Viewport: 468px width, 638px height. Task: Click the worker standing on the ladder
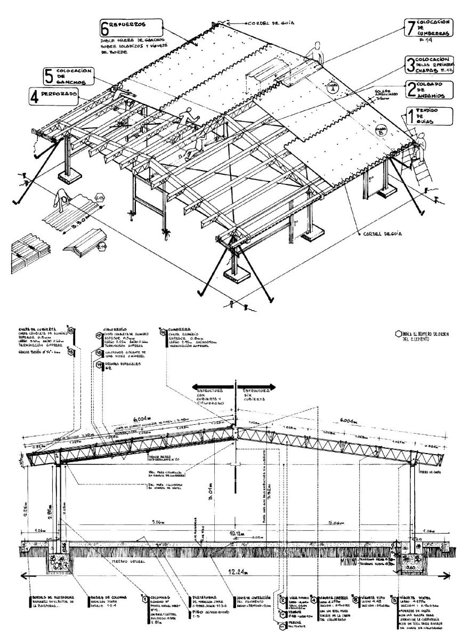point(422,144)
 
